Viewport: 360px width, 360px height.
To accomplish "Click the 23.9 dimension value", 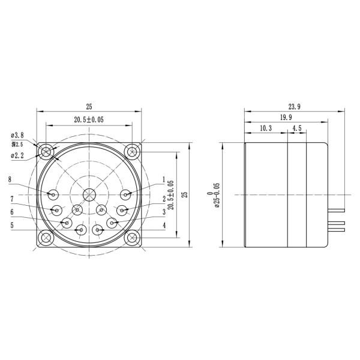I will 294,106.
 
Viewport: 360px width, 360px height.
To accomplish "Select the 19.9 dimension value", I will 286,118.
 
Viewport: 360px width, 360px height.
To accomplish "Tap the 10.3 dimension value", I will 266,128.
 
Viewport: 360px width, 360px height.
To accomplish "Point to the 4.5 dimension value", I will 297,128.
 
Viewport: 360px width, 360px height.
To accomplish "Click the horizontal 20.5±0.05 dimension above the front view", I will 89,120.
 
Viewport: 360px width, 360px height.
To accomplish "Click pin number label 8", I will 10,179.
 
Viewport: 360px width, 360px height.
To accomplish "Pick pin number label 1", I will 163,179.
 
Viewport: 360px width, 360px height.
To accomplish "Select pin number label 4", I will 163,225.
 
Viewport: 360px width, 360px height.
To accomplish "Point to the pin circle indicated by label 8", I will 53,194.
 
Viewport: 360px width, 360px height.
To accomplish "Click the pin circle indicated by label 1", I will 125,194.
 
